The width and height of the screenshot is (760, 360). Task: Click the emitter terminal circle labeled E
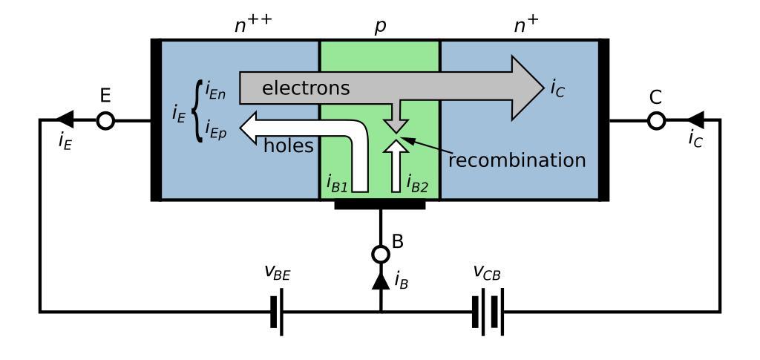coord(106,120)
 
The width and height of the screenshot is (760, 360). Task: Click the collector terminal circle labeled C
coord(656,120)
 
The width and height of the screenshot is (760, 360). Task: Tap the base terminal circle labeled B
coord(381,255)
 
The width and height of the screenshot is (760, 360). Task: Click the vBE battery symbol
coord(278,312)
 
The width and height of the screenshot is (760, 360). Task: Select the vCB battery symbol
coord(488,312)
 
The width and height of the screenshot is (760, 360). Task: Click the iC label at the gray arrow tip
coord(559,88)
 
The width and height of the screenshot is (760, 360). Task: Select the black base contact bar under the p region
coord(380,204)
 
